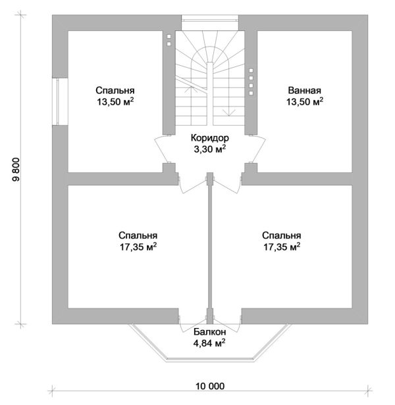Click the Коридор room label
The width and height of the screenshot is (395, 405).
click(210, 138)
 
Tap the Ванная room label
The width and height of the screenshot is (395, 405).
click(304, 91)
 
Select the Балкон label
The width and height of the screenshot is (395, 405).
click(210, 332)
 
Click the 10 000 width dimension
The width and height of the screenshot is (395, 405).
click(210, 387)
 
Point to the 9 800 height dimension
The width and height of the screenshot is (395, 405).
click(16, 170)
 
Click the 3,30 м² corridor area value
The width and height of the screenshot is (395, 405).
click(210, 149)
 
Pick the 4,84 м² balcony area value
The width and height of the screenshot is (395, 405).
click(209, 343)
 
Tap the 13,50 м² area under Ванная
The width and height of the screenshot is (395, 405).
click(305, 101)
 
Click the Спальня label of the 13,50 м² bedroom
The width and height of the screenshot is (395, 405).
click(115, 91)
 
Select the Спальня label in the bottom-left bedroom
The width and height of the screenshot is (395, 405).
click(138, 235)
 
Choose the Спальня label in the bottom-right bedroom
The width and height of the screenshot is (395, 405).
click(282, 235)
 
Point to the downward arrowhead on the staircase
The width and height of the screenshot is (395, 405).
click(229, 112)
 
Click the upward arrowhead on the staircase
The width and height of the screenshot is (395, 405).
click(191, 89)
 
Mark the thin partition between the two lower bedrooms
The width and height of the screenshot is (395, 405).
click(210, 248)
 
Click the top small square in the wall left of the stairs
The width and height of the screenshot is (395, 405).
click(169, 37)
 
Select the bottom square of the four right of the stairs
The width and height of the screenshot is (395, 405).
click(251, 93)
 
